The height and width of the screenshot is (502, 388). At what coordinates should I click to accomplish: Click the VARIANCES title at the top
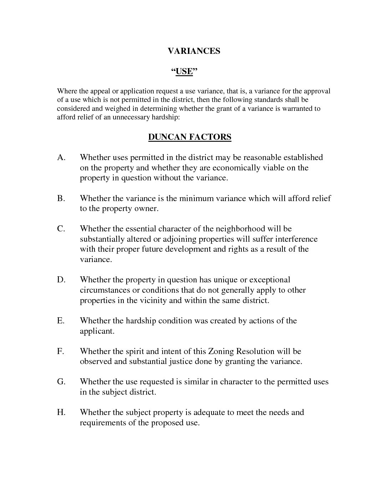(x=194, y=51)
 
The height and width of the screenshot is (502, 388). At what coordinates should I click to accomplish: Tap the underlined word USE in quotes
(x=184, y=71)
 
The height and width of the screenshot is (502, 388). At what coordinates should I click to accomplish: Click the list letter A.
(x=61, y=158)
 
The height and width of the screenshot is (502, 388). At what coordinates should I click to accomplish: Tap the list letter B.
(x=61, y=198)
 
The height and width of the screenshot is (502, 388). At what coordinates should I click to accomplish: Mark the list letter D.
(x=61, y=280)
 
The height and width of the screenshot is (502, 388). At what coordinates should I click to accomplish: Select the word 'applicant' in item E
(x=96, y=331)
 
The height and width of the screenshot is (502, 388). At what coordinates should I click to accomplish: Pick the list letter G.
(x=61, y=382)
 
